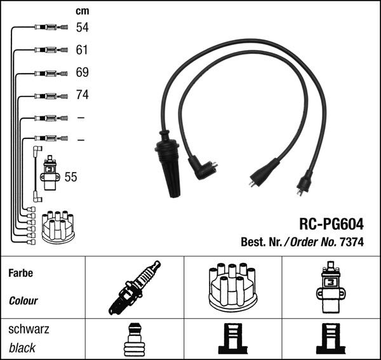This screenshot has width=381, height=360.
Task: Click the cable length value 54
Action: pyautogui.click(x=82, y=27)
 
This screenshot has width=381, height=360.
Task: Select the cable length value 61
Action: pyautogui.click(x=82, y=50)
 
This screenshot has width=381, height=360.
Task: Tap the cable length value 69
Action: pyautogui.click(x=82, y=72)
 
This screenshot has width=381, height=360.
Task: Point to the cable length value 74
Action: pyautogui.click(x=82, y=95)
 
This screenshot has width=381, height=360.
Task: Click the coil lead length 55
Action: pyautogui.click(x=70, y=177)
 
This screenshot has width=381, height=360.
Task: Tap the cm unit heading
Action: pyautogui.click(x=82, y=10)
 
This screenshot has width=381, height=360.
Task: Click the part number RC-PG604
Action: pyautogui.click(x=331, y=224)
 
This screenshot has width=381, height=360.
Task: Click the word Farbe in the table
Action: pyautogui.click(x=20, y=274)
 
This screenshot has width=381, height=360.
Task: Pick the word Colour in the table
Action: pyautogui.click(x=23, y=301)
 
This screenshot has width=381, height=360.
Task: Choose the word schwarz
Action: pyautogui.click(x=28, y=330)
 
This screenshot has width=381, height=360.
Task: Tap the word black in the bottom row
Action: pyautogui.click(x=22, y=348)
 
